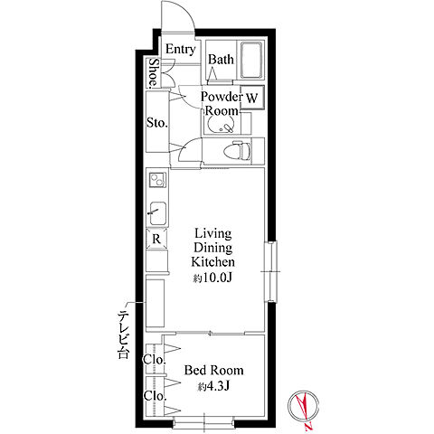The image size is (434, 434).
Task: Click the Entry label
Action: [180, 50]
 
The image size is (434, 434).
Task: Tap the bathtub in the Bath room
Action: [251, 60]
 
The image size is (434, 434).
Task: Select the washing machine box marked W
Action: [252, 98]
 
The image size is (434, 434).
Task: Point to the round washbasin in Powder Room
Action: [221, 124]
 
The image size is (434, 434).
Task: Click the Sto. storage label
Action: [156, 123]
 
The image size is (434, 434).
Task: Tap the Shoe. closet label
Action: [154, 72]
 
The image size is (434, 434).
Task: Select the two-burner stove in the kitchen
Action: [157, 180]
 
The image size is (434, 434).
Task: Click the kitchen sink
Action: [157, 213]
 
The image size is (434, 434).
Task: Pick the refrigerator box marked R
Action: [156, 239]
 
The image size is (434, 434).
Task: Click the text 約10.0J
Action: [212, 278]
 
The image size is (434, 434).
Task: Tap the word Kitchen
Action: [212, 261]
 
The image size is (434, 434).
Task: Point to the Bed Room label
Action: [213, 370]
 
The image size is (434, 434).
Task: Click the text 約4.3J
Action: [213, 386]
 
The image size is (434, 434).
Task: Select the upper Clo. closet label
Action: [155, 360]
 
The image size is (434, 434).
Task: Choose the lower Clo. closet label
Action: [155, 396]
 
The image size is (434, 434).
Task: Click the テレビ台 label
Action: [124, 334]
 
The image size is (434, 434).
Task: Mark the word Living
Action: [213, 234]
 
